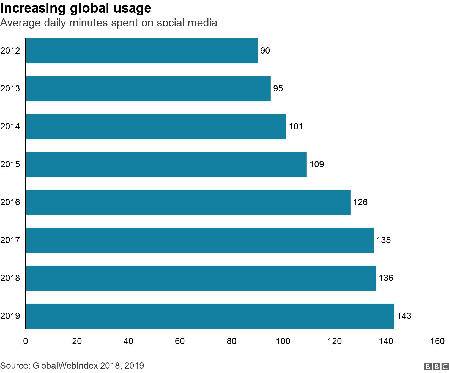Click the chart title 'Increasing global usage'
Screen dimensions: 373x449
pyautogui.click(x=76, y=8)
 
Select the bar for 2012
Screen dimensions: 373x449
pyautogui.click(x=142, y=51)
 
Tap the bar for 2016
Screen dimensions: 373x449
pyautogui.click(x=188, y=202)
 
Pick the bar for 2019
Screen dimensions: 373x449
pyautogui.click(x=210, y=316)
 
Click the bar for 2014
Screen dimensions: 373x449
pyautogui.click(x=156, y=127)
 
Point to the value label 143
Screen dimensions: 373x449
pyautogui.click(x=404, y=316)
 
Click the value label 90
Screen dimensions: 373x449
pyautogui.click(x=265, y=51)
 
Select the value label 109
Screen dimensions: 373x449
pyautogui.click(x=317, y=165)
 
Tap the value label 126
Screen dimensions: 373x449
pyautogui.click(x=360, y=202)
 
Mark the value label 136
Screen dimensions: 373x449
pyautogui.click(x=386, y=278)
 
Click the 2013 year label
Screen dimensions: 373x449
pyautogui.click(x=10, y=89)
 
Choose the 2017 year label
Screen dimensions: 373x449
pyautogui.click(x=10, y=240)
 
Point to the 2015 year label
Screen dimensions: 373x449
pyautogui.click(x=10, y=165)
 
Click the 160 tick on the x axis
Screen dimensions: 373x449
pyautogui.click(x=437, y=341)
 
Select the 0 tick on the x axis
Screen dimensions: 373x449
pyautogui.click(x=26, y=341)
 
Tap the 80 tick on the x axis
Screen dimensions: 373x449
pyautogui.click(x=232, y=341)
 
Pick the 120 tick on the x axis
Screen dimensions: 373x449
pyautogui.click(x=335, y=341)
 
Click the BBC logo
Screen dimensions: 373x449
pyautogui.click(x=436, y=367)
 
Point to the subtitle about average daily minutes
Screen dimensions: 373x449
pyautogui.click(x=109, y=23)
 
